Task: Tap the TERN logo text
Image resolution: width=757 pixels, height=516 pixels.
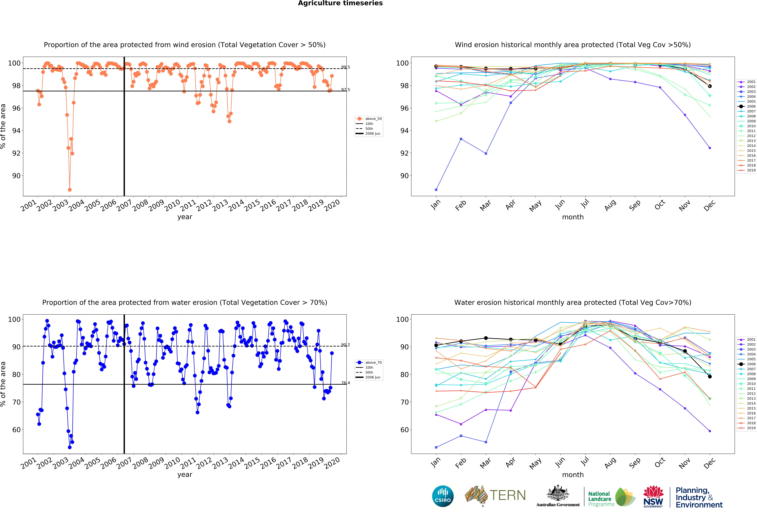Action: pos(508,495)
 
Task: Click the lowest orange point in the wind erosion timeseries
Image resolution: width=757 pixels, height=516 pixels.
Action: pos(70,190)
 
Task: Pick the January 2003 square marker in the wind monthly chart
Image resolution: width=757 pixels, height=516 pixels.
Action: pos(436,190)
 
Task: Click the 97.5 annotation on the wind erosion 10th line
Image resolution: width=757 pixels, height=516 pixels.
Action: pos(345,90)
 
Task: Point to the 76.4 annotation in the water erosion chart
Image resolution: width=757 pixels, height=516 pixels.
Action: pos(345,383)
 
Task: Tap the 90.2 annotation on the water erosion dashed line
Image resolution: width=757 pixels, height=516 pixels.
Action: pos(345,345)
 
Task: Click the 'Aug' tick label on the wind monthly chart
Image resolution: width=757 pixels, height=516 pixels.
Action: pos(610,205)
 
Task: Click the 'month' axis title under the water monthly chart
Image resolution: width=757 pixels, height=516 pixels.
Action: pos(573,475)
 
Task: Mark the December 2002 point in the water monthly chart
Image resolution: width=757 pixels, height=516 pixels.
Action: pos(710,431)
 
